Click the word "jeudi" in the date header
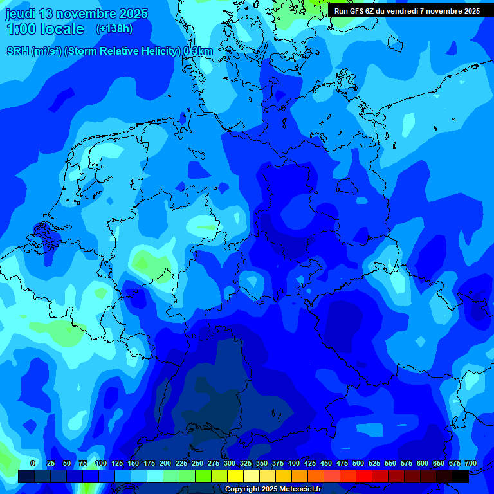[x=21, y=14]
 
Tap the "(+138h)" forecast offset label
[x=114, y=29]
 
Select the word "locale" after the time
[x=62, y=29]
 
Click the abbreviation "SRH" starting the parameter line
[x=17, y=51]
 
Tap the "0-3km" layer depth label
[x=198, y=51]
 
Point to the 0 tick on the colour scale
[x=33, y=463]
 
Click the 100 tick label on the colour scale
[x=100, y=463]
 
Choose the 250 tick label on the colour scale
[x=197, y=463]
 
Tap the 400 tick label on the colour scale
[x=294, y=463]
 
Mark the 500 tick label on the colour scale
[x=358, y=463]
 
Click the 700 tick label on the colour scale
[x=471, y=463]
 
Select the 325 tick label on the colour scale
[x=246, y=463]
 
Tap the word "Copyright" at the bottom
[x=242, y=489]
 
